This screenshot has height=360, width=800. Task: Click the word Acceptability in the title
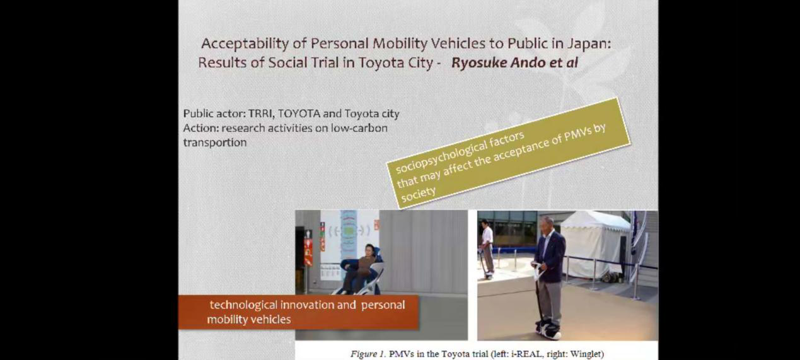[x=245, y=44]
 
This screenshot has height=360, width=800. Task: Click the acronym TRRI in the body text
[x=262, y=113]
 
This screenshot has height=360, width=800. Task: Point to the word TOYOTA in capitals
[x=299, y=113]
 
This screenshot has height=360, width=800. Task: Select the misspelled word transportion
[x=214, y=142]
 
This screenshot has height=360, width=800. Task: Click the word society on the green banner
[x=418, y=194]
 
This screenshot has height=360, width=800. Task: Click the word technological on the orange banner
[x=243, y=305]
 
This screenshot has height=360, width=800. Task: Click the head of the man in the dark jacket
[x=547, y=225]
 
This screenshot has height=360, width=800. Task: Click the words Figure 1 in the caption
[x=368, y=354]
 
